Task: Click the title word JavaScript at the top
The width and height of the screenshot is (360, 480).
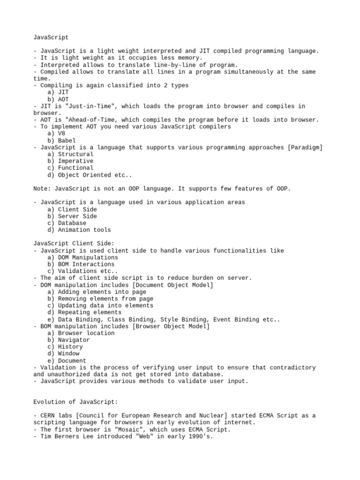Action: click(x=51, y=37)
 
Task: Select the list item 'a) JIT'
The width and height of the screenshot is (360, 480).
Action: click(x=58, y=92)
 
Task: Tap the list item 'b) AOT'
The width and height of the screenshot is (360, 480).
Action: click(x=58, y=99)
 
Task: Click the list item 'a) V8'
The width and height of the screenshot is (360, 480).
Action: click(x=56, y=134)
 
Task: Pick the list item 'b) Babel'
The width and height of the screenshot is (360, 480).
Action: click(x=61, y=141)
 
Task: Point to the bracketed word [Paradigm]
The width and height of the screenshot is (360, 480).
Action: click(x=305, y=147)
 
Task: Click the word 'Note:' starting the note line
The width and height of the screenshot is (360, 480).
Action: click(x=42, y=188)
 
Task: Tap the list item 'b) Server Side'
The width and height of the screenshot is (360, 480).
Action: click(x=72, y=216)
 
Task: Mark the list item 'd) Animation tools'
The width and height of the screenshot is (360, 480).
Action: click(x=79, y=230)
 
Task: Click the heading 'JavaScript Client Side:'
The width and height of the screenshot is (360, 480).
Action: click(x=74, y=244)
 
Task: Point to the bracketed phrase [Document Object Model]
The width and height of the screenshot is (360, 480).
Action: click(x=175, y=285)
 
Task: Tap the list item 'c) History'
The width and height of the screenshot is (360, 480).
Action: click(x=65, y=347)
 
